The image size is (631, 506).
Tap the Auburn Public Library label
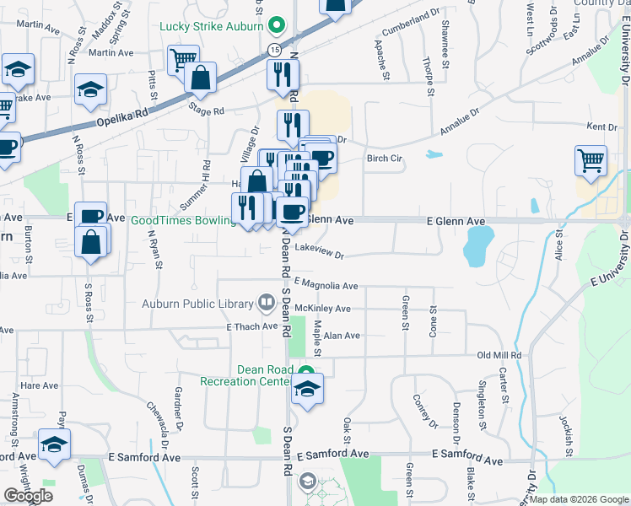206,304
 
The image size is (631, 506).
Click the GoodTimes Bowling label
181,220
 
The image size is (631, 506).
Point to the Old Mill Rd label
499,355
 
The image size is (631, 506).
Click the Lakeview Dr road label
321,254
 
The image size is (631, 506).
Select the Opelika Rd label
122,110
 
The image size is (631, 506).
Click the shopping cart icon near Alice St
591,159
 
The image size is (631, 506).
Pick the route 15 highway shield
275,51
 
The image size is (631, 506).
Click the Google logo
28,496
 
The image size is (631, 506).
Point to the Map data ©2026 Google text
579,499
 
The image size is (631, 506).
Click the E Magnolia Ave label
326,285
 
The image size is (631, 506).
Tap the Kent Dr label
601,126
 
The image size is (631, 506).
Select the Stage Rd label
207,110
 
